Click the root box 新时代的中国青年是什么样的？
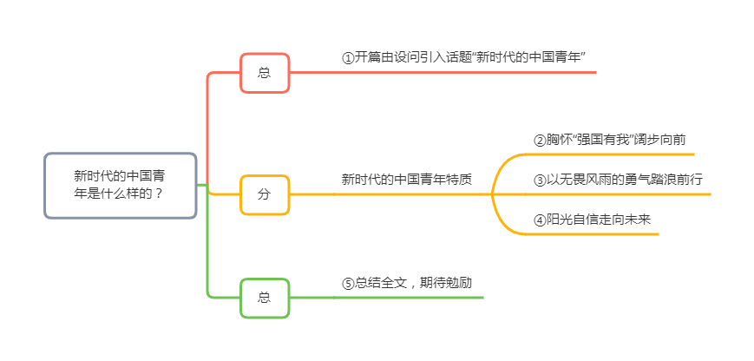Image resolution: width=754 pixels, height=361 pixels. tap(121, 186)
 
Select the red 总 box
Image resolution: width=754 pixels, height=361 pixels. tap(265, 73)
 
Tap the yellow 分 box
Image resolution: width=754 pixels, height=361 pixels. tap(265, 194)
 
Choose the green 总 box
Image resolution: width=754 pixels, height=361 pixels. tap(265, 298)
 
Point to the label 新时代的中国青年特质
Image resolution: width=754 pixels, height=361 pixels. tap(407, 180)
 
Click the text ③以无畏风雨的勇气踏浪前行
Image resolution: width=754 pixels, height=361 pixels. tap(618, 180)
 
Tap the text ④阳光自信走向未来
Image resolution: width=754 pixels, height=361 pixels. tap(593, 220)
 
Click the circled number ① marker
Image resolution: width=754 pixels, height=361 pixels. tap(348, 58)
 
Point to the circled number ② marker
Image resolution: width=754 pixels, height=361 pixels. tap(540, 140)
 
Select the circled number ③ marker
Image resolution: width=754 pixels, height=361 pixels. tap(540, 180)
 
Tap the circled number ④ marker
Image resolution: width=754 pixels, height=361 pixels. tap(540, 220)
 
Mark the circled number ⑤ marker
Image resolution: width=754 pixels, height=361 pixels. tap(348, 284)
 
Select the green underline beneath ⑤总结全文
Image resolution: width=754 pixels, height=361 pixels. tap(408, 298)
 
